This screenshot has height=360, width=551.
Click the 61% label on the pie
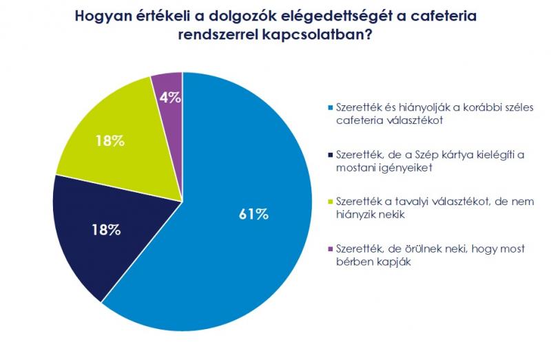point(253,214)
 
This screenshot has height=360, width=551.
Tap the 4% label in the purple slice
point(170,98)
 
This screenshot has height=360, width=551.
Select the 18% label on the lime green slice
point(110,141)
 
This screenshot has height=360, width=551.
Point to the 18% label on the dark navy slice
point(106,230)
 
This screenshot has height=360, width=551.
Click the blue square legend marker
point(330,107)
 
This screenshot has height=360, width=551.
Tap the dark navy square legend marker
point(330,155)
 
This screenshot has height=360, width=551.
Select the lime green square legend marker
point(330,202)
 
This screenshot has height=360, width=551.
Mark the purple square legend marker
point(330,249)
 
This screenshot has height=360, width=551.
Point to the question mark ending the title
point(368,34)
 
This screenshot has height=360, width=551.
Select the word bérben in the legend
point(353,262)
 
